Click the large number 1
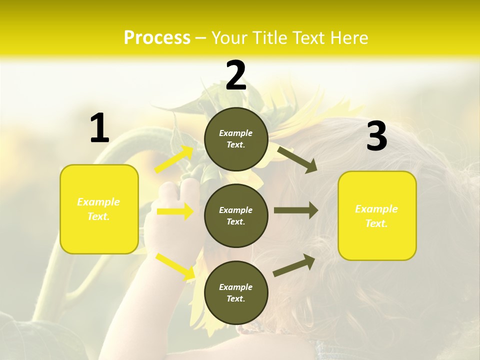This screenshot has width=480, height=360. pyautogui.click(x=99, y=128)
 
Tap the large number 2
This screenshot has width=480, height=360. pyautogui.click(x=236, y=76)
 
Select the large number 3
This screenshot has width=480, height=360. pyautogui.click(x=377, y=136)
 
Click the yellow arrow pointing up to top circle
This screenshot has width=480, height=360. pyautogui.click(x=174, y=159)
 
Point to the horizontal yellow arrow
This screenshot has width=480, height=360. pyautogui.click(x=175, y=211)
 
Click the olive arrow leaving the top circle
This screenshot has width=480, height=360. pyautogui.click(x=297, y=159)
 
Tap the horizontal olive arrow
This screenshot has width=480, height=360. pyautogui.click(x=295, y=210)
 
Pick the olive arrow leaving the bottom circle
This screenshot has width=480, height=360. pyautogui.click(x=294, y=265)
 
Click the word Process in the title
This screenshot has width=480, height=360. pyautogui.click(x=157, y=37)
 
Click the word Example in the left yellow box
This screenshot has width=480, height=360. pyautogui.click(x=98, y=202)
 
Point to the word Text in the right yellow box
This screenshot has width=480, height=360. pyautogui.click(x=376, y=223)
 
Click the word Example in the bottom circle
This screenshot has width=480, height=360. pyautogui.click(x=236, y=287)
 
